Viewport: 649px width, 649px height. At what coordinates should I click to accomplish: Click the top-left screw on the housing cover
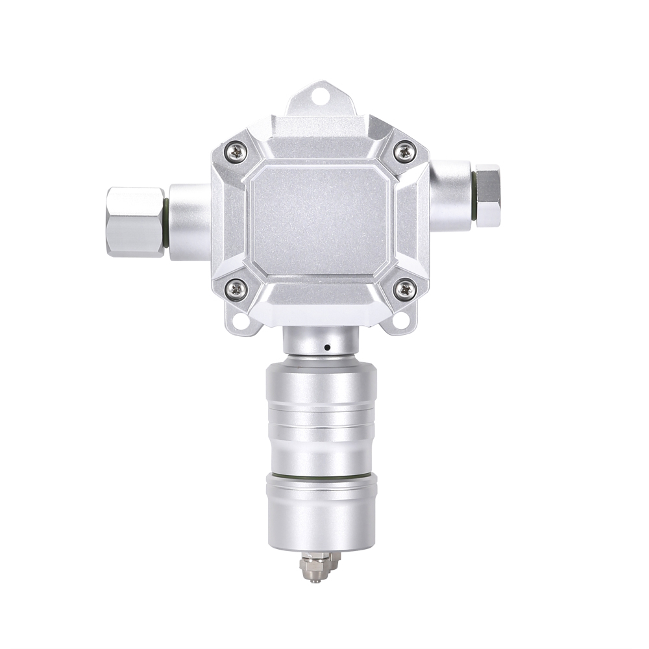pyautogui.click(x=236, y=153)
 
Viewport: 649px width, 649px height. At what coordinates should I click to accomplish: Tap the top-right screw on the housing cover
pyautogui.click(x=405, y=153)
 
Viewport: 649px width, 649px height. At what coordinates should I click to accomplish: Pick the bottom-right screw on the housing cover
pyautogui.click(x=405, y=288)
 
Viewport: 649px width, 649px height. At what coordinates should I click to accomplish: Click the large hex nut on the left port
pyautogui.click(x=134, y=222)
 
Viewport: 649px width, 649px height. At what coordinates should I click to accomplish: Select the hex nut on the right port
pyautogui.click(x=488, y=195)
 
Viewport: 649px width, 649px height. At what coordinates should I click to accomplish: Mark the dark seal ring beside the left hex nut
pyautogui.click(x=167, y=223)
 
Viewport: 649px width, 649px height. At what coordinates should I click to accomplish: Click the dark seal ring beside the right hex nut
pyautogui.click(x=474, y=195)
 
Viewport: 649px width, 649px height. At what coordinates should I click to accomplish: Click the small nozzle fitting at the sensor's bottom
pyautogui.click(x=318, y=567)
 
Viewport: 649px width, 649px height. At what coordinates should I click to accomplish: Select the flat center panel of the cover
pyautogui.click(x=319, y=221)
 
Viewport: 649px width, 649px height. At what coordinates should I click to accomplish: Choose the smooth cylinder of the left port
pyautogui.click(x=189, y=223)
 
